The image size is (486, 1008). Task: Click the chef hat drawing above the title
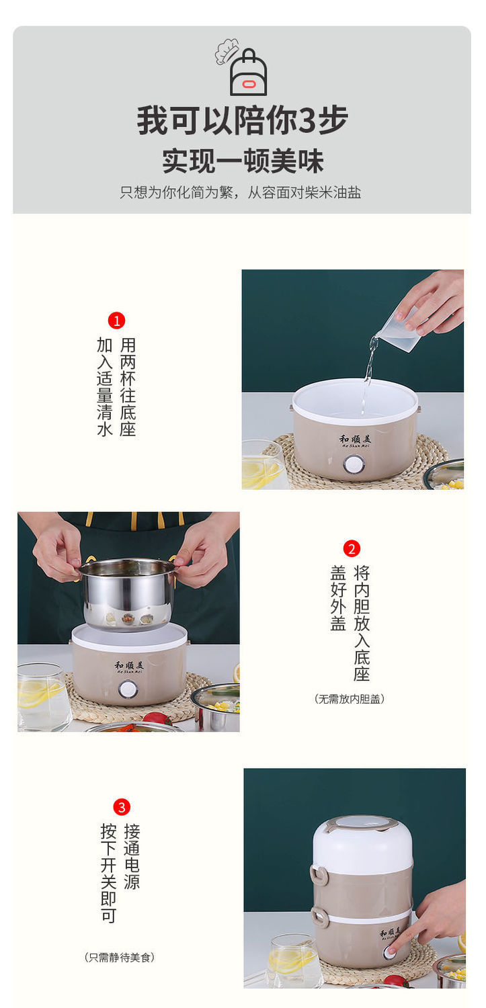(x=227, y=51)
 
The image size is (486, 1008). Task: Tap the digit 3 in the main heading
(x=307, y=120)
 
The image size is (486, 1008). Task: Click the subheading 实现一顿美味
(x=243, y=161)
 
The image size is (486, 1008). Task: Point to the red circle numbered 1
(x=116, y=321)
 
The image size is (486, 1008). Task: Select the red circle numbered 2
(x=352, y=548)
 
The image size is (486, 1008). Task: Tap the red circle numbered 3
(x=122, y=806)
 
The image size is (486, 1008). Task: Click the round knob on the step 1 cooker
(x=354, y=464)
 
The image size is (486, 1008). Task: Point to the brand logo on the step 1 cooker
(x=354, y=439)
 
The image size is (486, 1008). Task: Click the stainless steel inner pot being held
(x=128, y=593)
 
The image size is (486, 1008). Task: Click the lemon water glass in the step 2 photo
(x=43, y=697)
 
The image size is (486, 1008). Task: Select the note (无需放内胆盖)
(x=349, y=699)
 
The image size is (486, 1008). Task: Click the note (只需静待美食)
(x=119, y=957)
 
